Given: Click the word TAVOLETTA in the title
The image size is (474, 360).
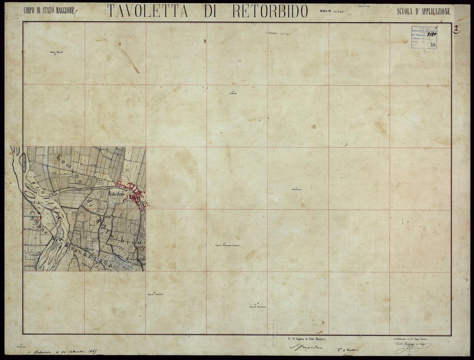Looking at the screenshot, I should (148, 11).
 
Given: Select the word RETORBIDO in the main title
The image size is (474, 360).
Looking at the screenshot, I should (270, 11).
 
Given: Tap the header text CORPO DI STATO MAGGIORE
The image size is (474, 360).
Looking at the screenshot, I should (49, 11).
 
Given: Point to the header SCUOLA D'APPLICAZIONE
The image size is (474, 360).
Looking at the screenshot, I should (424, 12).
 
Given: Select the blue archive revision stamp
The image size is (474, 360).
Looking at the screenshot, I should (424, 37).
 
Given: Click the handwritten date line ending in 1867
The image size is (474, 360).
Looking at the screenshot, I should (65, 352).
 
